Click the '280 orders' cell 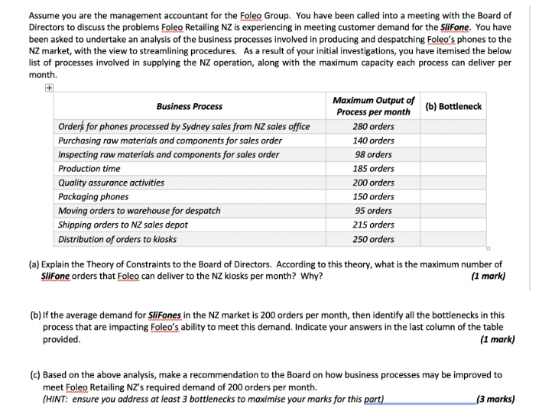coord(374,126)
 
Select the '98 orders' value coord(374,154)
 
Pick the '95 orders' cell coord(374,211)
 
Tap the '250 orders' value coord(374,239)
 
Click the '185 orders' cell coord(374,168)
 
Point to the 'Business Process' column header coord(190,106)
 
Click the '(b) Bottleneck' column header coord(453,106)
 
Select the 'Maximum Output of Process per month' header coord(374,106)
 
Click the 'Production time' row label coord(89,168)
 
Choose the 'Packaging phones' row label coord(93,196)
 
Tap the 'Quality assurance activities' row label coord(112,183)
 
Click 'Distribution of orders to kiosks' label coord(117,239)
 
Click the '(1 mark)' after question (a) coord(489,276)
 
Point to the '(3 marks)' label coord(495,398)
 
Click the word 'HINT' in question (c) coord(58,398)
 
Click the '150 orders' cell coord(374,196)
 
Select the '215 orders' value coord(374,225)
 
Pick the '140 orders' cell coord(374,141)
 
